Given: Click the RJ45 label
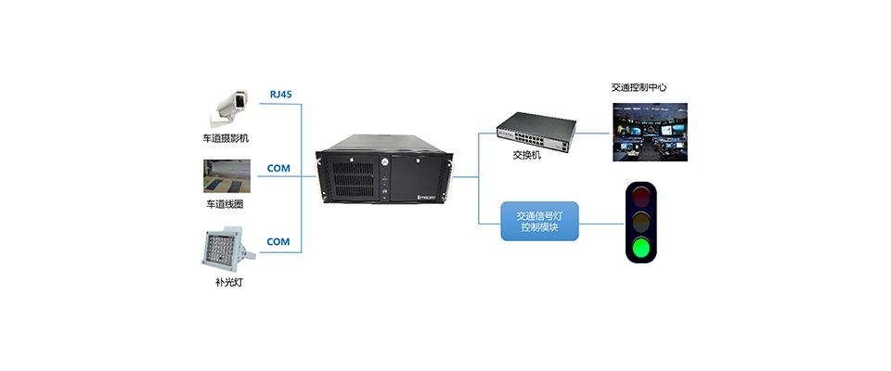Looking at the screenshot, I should [279, 94].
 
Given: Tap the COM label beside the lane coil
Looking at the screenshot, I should [278, 169].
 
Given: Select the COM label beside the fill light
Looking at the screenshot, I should [278, 242].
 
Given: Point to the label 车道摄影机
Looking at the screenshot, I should [226, 138].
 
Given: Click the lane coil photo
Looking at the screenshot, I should [227, 175].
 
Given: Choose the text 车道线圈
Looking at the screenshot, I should [226, 203].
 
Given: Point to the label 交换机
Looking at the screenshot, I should [526, 155].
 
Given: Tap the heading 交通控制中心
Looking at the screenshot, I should [639, 88].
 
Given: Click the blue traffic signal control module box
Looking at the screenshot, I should [539, 221].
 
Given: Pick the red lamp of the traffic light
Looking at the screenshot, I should [639, 197].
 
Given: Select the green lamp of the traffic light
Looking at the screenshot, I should [639, 248].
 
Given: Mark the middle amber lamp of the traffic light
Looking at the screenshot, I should [639, 223].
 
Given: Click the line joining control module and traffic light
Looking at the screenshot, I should [600, 223].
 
